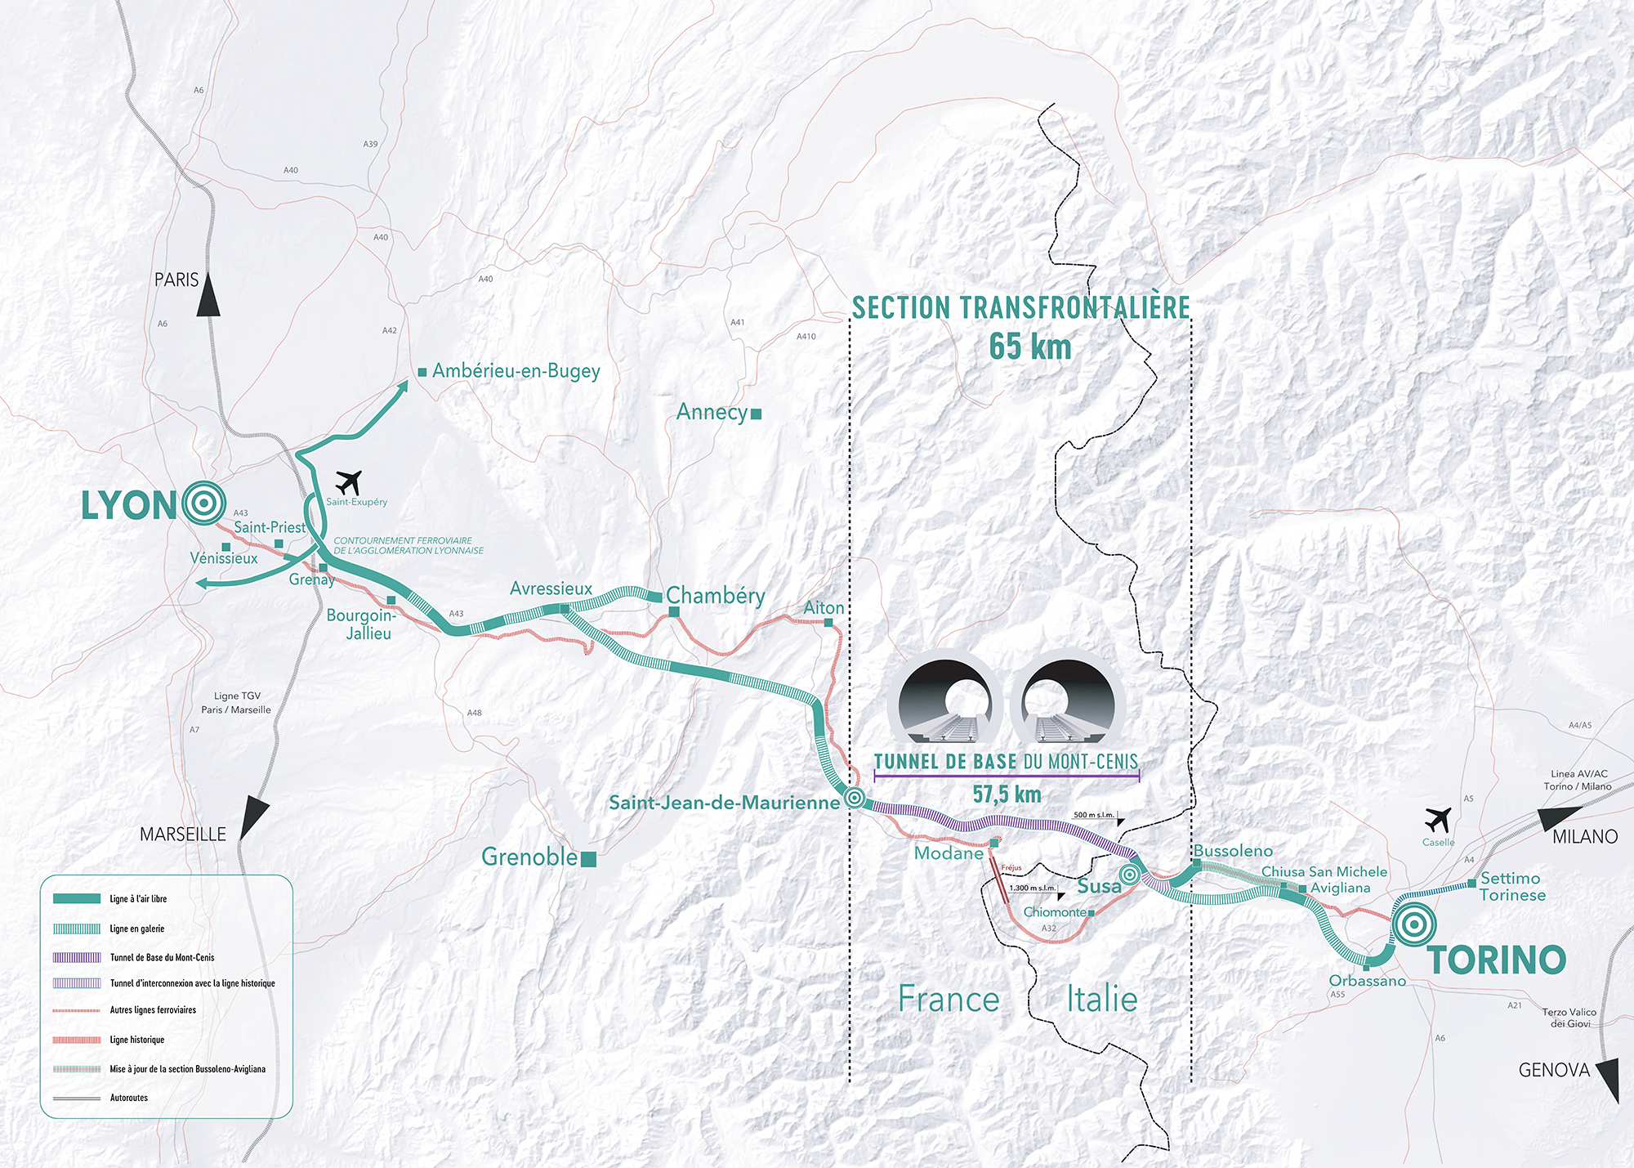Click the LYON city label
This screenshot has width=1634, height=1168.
pos(129,506)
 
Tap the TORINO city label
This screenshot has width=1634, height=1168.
pos(1497,960)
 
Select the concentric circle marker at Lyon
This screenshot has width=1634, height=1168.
pos(204,503)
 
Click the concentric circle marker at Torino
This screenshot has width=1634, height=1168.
pos(1414,924)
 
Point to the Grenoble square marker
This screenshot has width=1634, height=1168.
pos(588,859)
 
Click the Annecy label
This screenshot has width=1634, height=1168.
pos(712,413)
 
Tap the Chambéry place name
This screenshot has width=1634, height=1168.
pos(716,596)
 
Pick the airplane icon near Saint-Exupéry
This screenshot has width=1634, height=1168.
pos(349,483)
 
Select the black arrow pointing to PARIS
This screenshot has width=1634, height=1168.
pos(208,294)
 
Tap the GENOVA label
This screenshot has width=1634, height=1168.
pos(1554,1070)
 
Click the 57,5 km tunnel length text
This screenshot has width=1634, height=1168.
pos(1007,794)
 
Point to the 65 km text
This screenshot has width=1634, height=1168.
pos(1030,347)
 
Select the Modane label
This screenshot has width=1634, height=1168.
pos(949,853)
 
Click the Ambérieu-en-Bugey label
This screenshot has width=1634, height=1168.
pos(516,372)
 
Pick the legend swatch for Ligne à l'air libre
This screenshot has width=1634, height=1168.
pos(77,899)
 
